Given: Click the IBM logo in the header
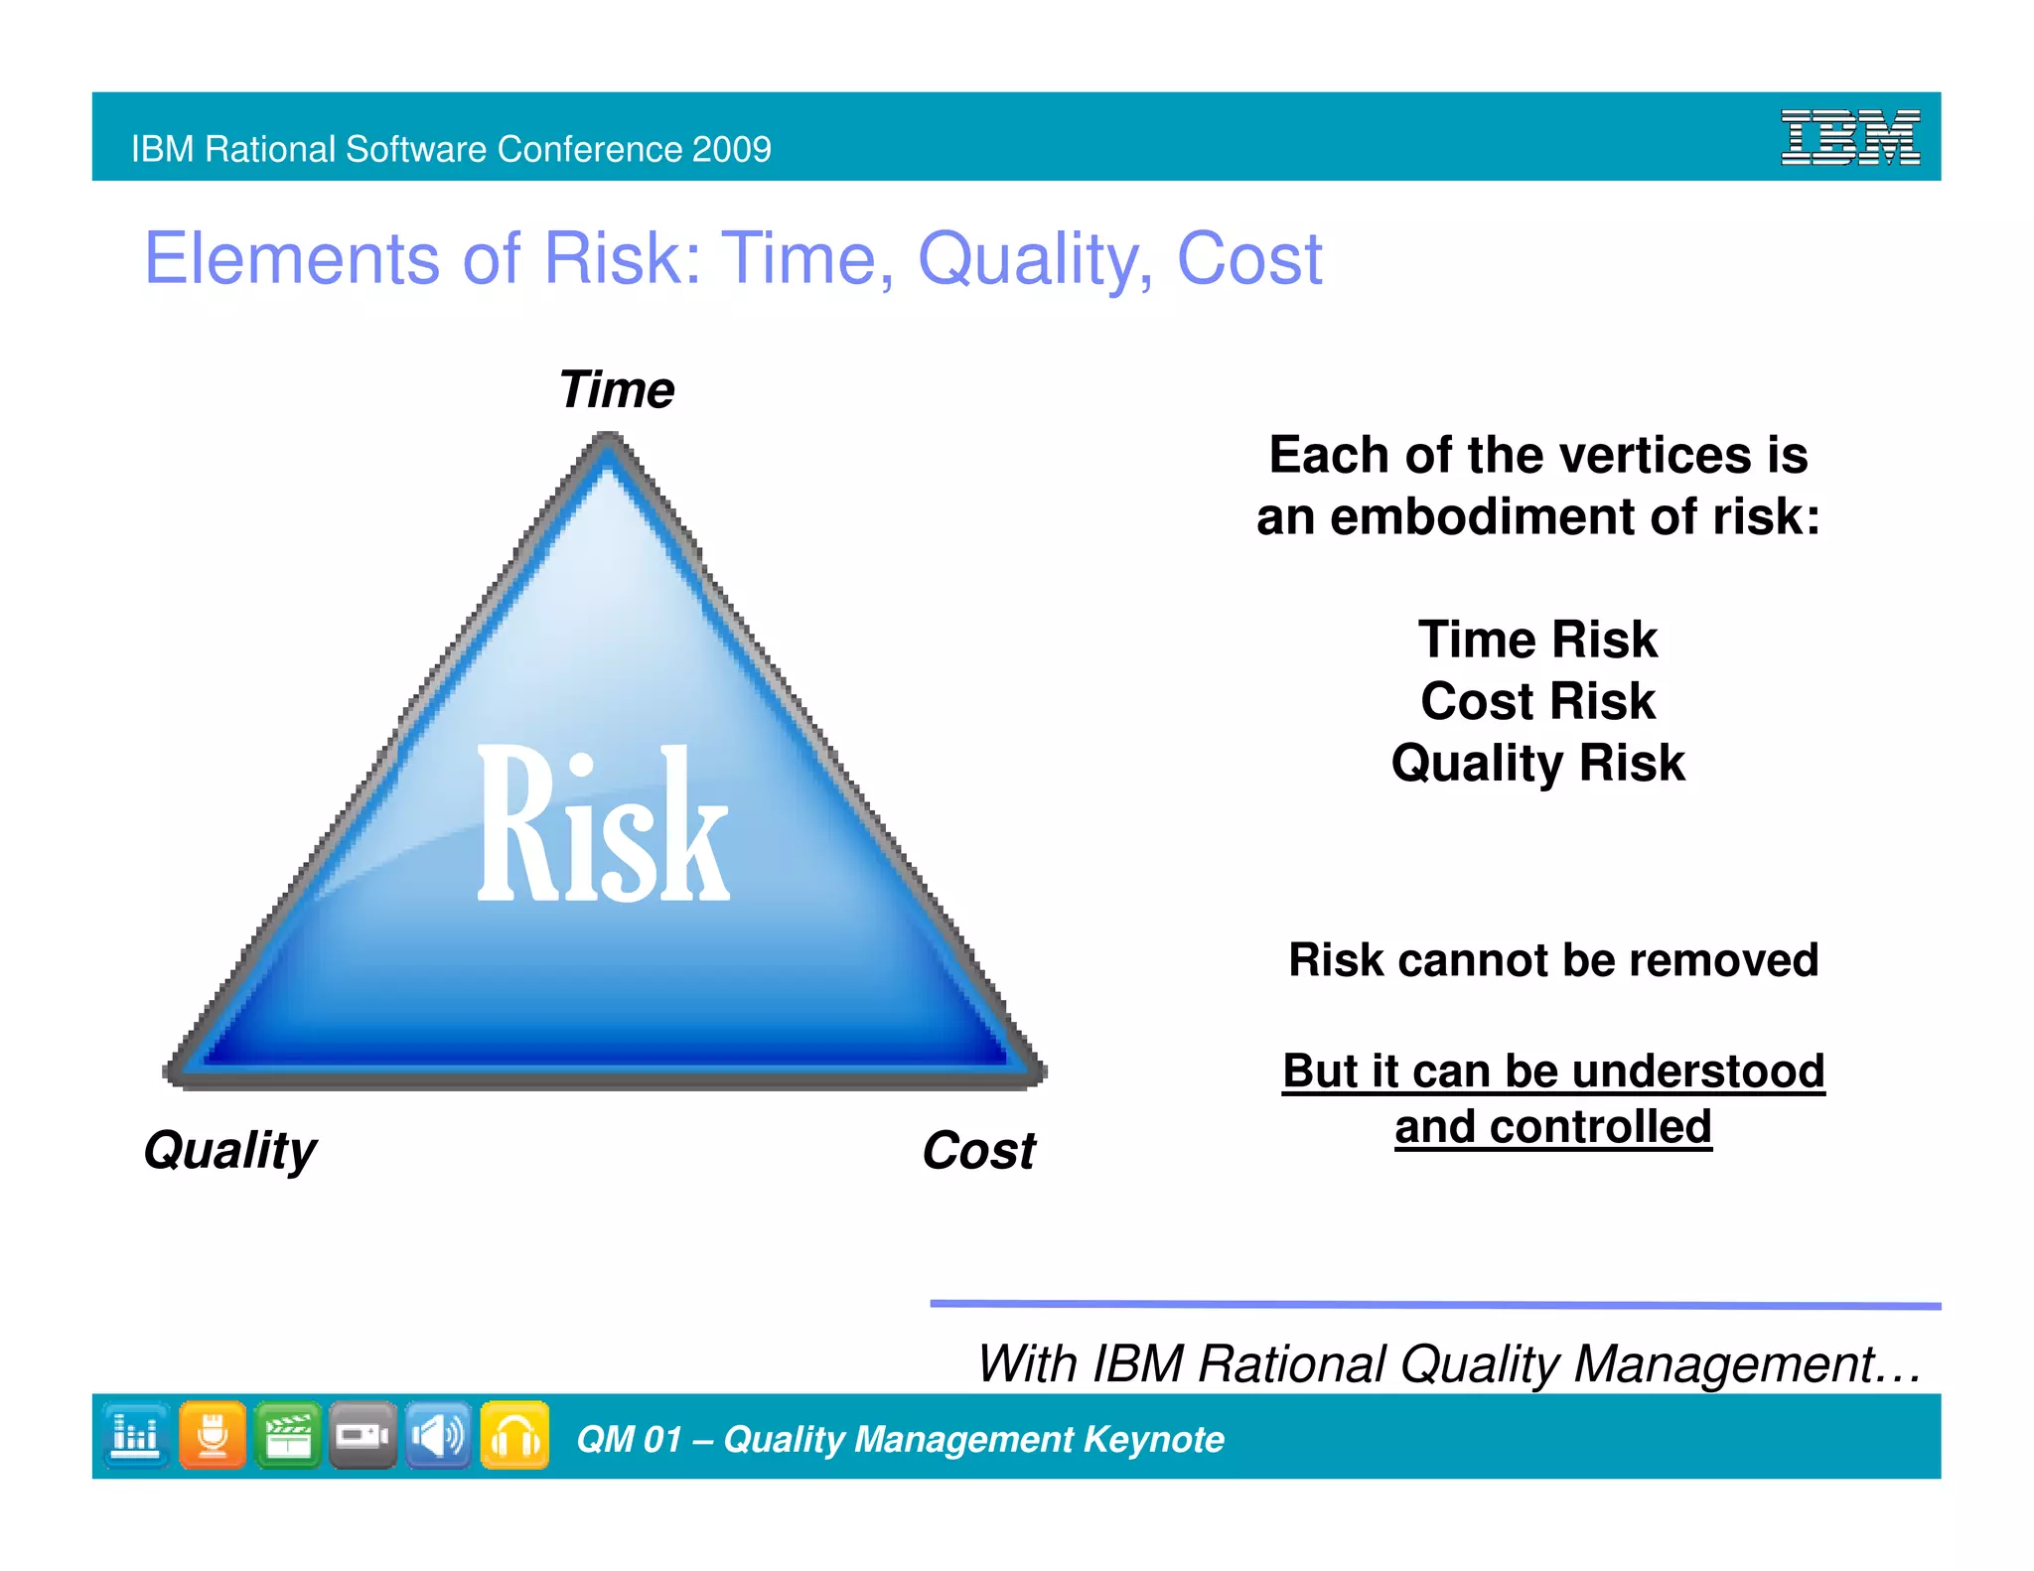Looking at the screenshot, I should tap(1849, 137).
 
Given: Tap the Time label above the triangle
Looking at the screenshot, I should tap(616, 389).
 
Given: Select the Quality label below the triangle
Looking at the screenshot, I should tap(230, 1151).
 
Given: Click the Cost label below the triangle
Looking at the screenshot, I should tap(978, 1151).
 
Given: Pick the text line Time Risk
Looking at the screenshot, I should tap(1537, 640).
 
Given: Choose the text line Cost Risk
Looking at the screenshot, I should tap(1537, 701).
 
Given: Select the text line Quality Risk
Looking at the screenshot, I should tap(1537, 763).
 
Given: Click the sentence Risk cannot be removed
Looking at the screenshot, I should tap(1552, 960).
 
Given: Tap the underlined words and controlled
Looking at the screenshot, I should tap(1552, 1127).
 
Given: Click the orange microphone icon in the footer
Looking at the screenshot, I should tap(213, 1435).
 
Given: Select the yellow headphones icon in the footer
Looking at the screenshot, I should tap(514, 1435).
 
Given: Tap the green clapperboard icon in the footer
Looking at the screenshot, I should tap(288, 1435).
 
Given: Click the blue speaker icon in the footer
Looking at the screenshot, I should tap(438, 1435).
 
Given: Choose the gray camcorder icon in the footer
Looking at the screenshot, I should tap(363, 1435).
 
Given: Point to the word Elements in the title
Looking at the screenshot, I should tap(292, 259).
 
